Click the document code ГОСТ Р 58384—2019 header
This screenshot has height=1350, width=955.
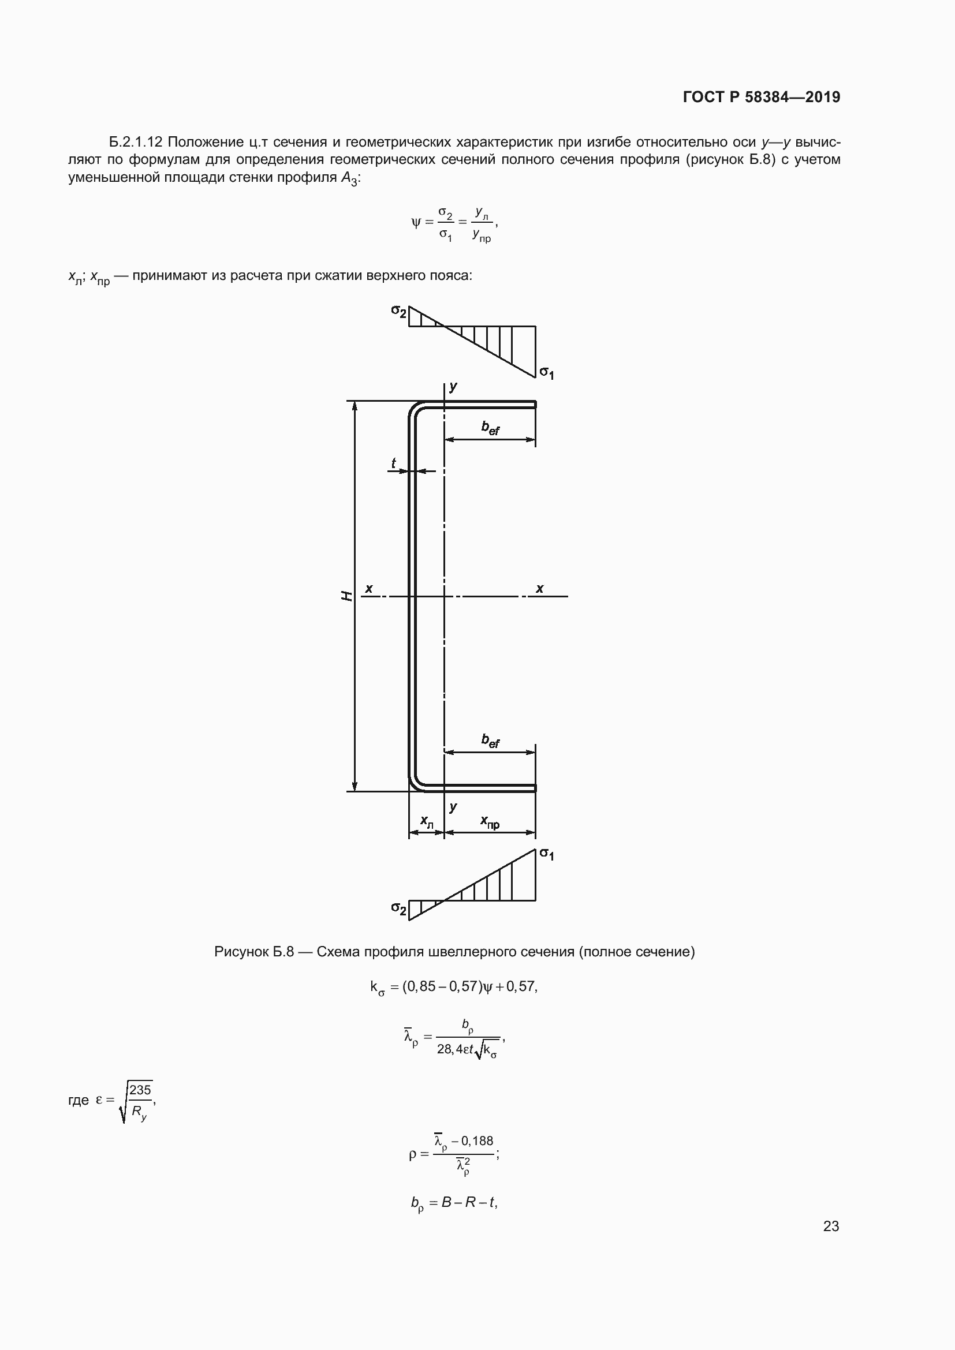761,97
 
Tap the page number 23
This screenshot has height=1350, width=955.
831,1226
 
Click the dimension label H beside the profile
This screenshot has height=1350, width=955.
347,596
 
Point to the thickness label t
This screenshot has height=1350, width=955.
393,463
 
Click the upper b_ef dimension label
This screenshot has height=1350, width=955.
490,428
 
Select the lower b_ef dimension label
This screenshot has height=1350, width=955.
490,741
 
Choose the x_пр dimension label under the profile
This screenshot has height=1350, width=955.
490,821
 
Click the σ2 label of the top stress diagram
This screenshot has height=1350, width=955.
399,311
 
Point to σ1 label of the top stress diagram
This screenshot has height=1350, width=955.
547,373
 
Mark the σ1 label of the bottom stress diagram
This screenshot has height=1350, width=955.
547,854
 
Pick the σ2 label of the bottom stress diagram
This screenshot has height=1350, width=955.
399,908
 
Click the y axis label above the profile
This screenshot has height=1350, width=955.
453,387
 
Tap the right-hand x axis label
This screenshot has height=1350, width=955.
540,588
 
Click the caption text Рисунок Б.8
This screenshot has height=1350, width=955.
253,951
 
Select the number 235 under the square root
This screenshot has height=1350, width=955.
140,1090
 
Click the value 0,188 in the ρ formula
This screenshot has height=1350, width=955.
477,1140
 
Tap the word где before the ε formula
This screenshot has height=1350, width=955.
79,1100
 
